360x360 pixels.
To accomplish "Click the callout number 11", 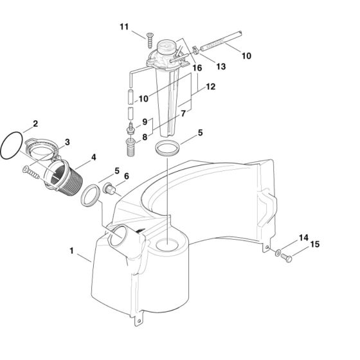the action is point(124,27).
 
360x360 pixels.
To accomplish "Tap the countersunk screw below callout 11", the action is point(150,40).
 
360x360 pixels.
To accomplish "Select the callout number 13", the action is point(221,67).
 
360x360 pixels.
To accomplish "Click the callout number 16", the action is point(197,68).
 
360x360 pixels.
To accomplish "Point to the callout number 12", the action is point(211,87).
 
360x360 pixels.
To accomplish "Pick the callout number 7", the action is point(183,113).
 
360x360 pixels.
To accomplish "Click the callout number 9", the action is point(145,122).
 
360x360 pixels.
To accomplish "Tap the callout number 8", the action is point(145,137).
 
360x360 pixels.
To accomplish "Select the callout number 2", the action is point(35,123).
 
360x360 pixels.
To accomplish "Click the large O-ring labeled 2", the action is point(12,145).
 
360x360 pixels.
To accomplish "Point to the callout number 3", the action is point(67,142).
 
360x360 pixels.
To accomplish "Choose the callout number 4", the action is point(93,157).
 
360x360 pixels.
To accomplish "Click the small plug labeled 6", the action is point(110,189).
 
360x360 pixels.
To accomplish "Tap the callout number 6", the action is point(127,176).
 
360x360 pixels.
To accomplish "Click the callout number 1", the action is point(72,251).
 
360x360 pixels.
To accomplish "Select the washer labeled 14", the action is point(278,253).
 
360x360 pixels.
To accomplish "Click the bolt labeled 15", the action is point(287,257).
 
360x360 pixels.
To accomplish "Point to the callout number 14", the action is point(303,238).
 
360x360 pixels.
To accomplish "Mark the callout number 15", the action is point(315,244).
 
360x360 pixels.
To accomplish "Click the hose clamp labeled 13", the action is point(195,50).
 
